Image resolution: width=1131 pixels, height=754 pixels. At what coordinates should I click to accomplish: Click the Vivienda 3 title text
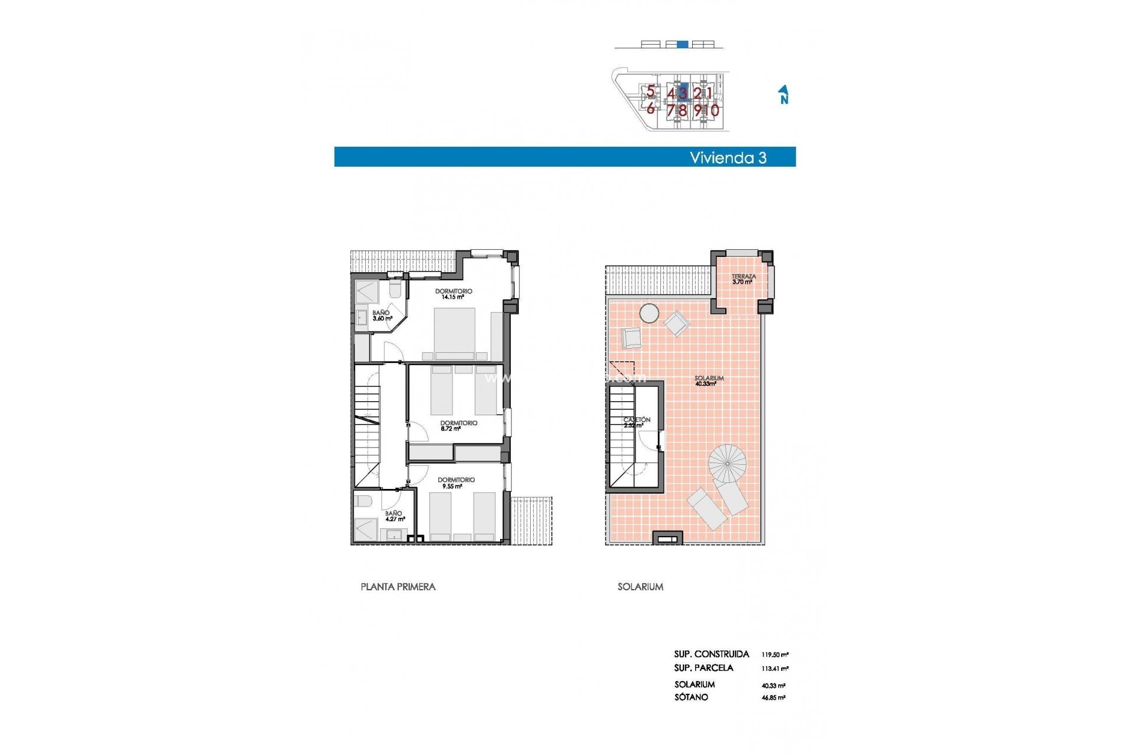[x=728, y=157]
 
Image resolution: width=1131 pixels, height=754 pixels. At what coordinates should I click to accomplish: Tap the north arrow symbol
[x=783, y=94]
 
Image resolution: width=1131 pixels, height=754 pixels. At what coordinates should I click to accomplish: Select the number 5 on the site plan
[x=650, y=91]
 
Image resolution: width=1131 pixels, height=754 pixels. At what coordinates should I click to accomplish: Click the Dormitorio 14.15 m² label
[x=453, y=294]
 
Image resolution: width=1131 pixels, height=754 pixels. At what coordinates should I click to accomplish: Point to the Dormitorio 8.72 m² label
[x=458, y=425]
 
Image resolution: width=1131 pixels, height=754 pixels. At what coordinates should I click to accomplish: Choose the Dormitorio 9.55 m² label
[x=456, y=483]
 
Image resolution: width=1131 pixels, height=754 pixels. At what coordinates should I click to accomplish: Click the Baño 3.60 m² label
[x=382, y=316]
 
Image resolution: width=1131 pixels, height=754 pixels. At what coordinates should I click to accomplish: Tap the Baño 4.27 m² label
[x=395, y=516]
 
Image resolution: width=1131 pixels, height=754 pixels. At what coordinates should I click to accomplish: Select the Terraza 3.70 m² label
[x=743, y=279]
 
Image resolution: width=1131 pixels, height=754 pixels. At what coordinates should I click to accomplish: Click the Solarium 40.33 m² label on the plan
[x=708, y=381]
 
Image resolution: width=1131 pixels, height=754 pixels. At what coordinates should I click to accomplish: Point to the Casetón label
[x=637, y=422]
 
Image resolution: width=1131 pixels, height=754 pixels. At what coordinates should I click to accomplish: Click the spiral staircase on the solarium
[x=727, y=463]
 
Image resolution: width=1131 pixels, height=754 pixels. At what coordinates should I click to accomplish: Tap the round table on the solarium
[x=650, y=313]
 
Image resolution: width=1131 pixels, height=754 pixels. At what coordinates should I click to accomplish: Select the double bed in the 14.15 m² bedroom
[x=455, y=333]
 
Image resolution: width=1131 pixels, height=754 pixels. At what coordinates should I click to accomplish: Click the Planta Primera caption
[x=398, y=587]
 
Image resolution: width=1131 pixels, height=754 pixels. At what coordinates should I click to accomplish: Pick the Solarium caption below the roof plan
[x=640, y=587]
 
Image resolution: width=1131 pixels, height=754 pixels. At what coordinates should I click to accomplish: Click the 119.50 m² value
[x=775, y=654]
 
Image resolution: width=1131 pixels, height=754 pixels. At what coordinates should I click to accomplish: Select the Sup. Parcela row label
[x=703, y=668]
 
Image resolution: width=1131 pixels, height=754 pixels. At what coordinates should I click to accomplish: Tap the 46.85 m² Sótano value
[x=773, y=697]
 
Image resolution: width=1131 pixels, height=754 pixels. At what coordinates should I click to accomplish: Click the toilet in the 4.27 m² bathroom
[x=363, y=501]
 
